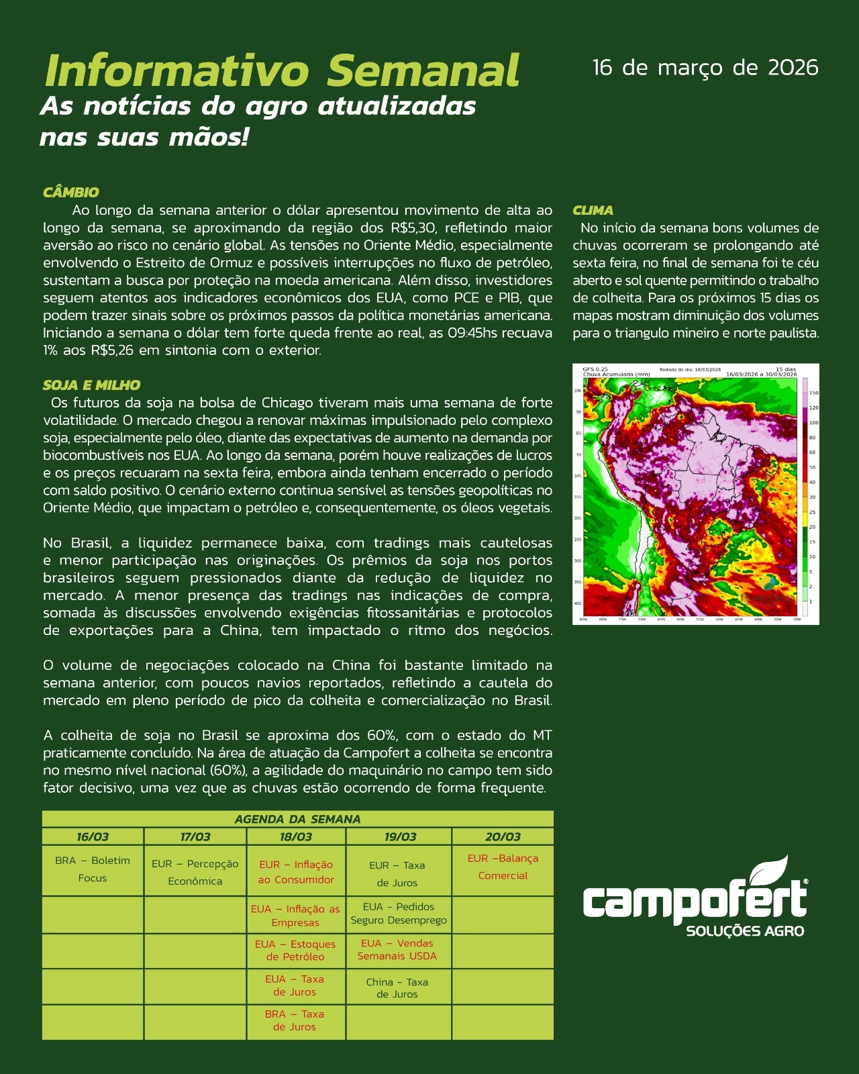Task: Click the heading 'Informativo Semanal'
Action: click(282, 70)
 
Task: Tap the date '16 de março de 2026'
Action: click(705, 68)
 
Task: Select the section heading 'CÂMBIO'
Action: click(70, 193)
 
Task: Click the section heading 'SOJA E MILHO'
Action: click(91, 385)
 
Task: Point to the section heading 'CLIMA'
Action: click(593, 210)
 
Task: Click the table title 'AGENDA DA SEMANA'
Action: click(297, 819)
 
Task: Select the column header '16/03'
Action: click(93, 837)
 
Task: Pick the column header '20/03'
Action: click(503, 837)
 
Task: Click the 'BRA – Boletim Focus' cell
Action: click(93, 869)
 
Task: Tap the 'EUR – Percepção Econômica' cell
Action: click(195, 873)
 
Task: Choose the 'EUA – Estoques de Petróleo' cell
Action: click(295, 950)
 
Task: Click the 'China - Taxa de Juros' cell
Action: click(397, 987)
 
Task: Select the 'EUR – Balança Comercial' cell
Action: click(503, 867)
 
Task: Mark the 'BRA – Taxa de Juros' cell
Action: click(295, 1020)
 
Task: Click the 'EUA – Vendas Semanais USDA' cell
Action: click(397, 950)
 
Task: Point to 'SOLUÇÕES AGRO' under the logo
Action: click(745, 931)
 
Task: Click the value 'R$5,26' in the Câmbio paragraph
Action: click(112, 350)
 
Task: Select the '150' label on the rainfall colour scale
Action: click(813, 393)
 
